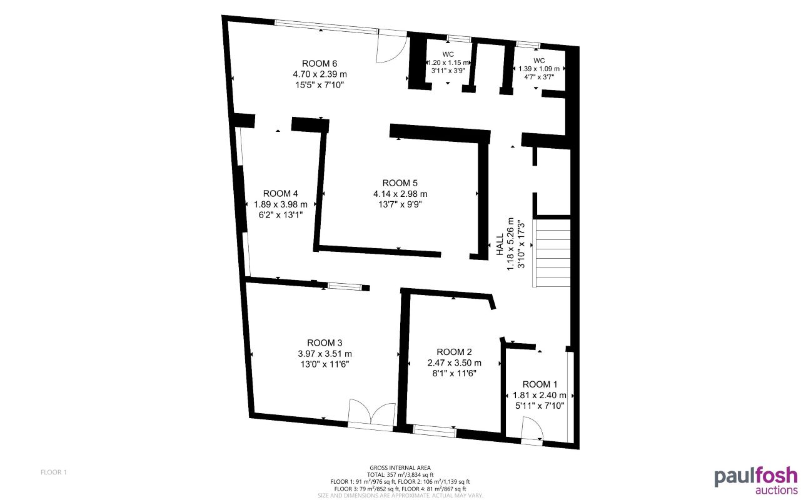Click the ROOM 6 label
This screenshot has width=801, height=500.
320,63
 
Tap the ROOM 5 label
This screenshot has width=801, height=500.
400,183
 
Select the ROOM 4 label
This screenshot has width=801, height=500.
281,193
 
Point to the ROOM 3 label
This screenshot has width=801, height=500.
325,342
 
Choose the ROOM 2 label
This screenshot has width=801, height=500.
454,352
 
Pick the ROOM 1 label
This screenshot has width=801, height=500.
540,384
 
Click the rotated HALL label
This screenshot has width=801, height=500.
500,244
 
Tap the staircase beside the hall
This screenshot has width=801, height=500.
552,252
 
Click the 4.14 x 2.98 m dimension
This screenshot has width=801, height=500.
400,194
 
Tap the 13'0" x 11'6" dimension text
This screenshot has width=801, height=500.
325,364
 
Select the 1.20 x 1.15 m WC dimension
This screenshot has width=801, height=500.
448,63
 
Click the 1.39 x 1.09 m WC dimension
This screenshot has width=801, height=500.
539,69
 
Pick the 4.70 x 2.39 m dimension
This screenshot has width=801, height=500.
320,74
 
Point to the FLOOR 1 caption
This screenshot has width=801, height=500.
53,472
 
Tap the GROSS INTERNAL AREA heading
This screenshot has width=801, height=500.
400,467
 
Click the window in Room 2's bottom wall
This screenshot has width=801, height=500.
435,429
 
